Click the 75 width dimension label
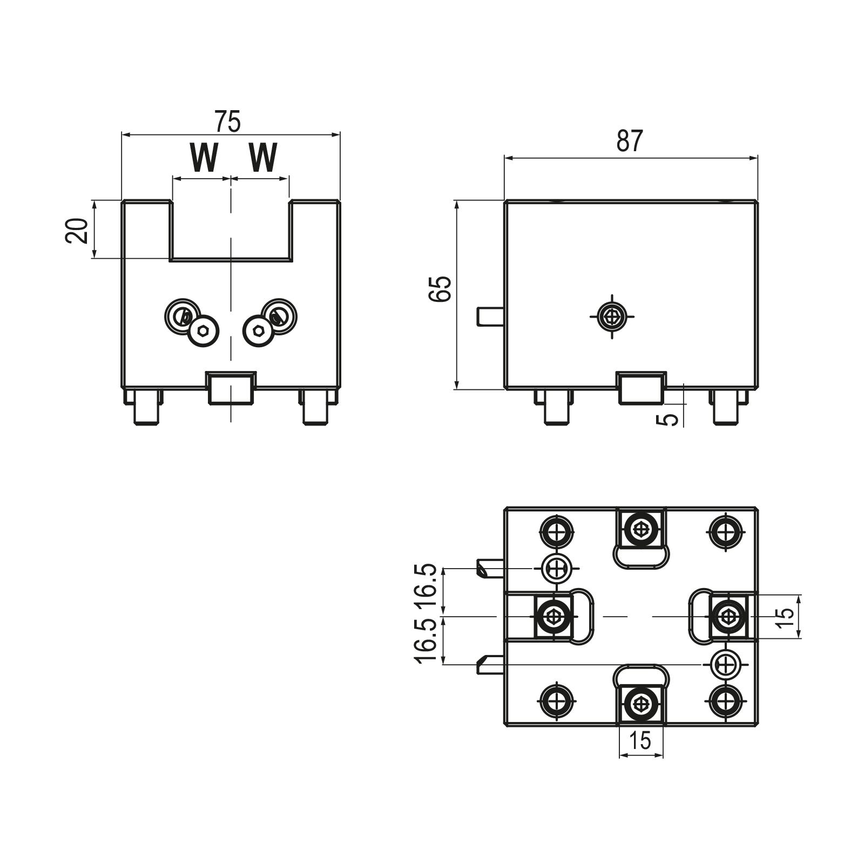227,122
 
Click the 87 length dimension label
630,141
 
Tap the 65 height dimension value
440,289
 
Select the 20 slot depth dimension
77,231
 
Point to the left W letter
204,158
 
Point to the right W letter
263,158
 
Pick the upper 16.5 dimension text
426,588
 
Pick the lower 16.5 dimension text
426,640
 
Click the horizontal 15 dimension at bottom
640,741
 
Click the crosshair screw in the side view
612,316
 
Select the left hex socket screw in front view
204,330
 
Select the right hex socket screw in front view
259,330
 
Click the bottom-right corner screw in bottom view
725,701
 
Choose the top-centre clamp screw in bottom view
641,529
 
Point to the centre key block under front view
231,388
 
